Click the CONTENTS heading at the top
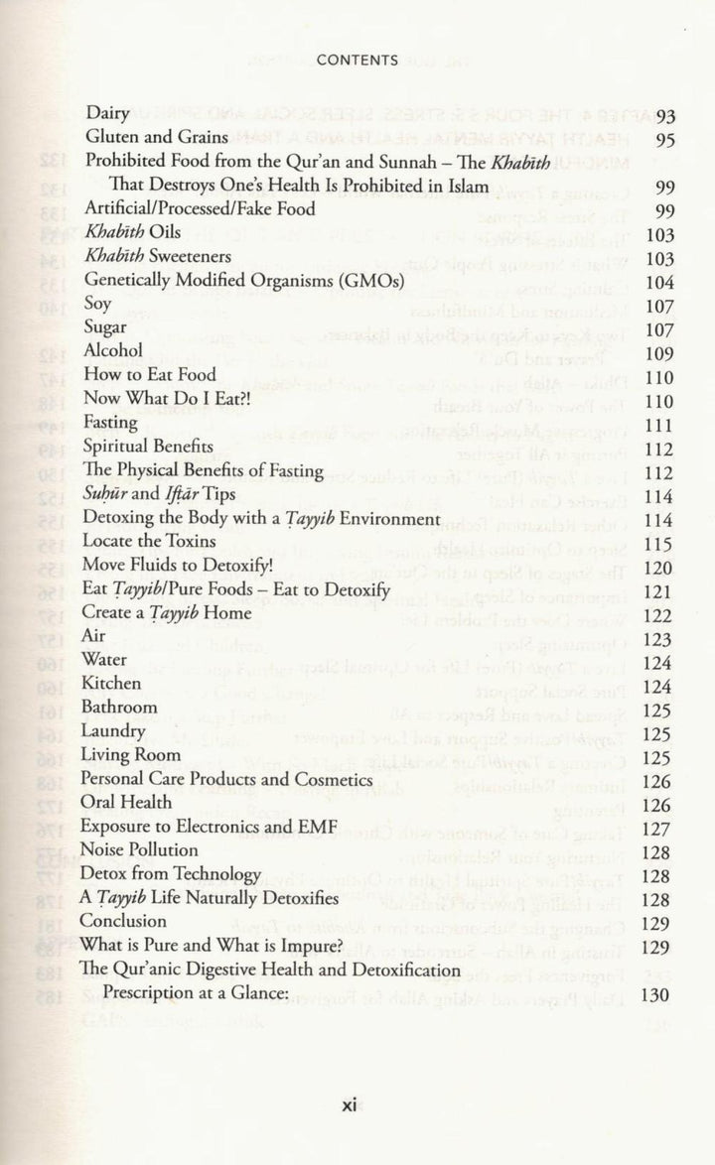point(357,60)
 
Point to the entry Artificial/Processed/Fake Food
point(200,209)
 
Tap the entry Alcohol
point(113,351)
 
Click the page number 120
point(658,568)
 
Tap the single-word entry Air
point(95,636)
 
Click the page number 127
point(658,828)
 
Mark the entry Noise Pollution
point(140,849)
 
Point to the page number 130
point(658,994)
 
